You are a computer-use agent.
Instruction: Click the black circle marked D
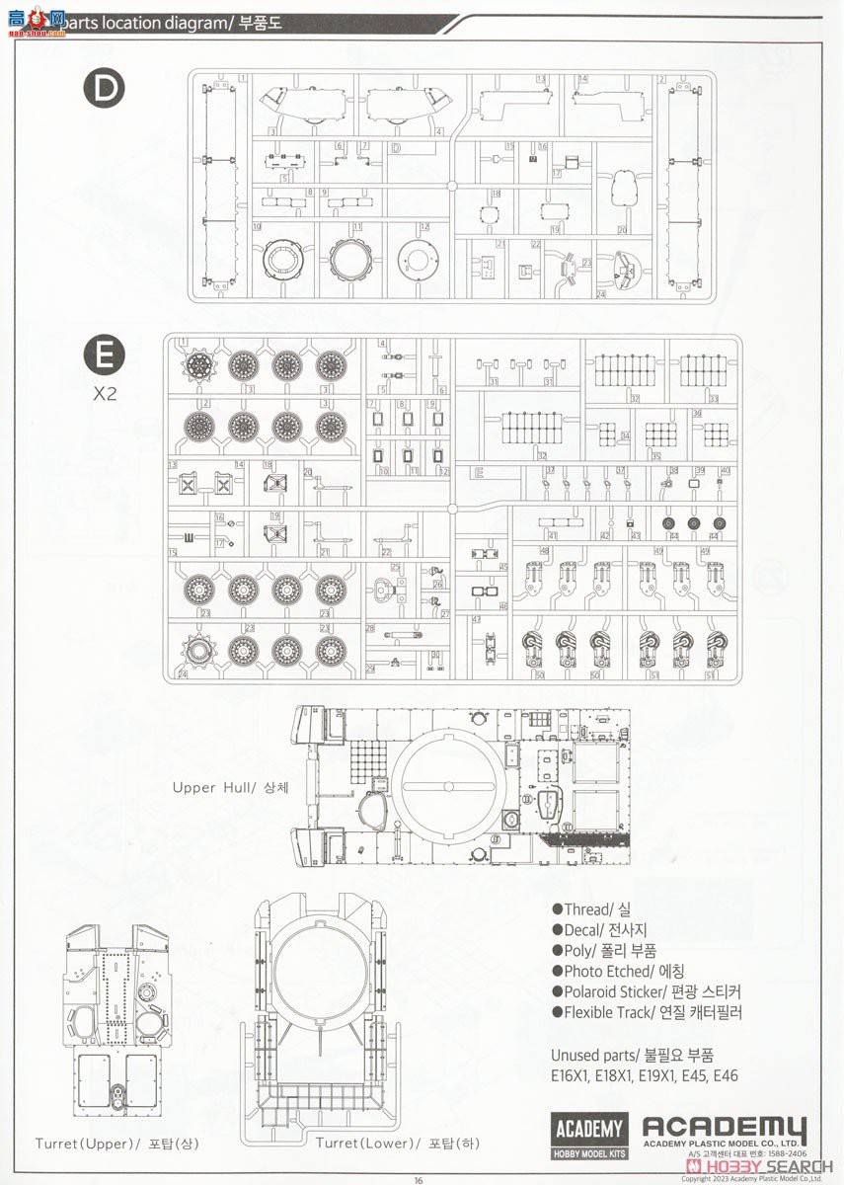105,91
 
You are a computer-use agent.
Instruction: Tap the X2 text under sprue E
105,392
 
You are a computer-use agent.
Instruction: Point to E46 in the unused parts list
721,1076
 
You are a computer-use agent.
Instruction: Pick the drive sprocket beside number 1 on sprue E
199,366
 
